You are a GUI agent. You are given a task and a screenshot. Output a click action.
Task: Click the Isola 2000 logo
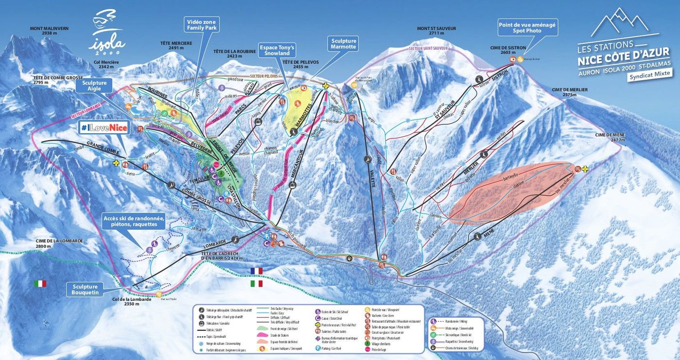coord(107,32)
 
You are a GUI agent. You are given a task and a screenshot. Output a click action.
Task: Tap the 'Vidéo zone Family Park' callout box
coord(202,25)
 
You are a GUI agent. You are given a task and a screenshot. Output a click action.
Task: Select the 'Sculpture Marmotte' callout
coord(344,44)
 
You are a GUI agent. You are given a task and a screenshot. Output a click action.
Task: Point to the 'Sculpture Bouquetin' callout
coord(85,290)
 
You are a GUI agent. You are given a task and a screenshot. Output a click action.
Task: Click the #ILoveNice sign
coord(104,128)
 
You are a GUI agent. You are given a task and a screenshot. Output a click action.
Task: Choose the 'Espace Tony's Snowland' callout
coord(277,50)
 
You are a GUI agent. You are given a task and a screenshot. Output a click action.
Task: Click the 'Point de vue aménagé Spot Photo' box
coord(527,27)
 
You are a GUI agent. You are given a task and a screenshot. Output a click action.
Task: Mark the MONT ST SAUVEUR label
coord(436,31)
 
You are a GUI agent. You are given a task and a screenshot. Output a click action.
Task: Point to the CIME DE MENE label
coord(610,137)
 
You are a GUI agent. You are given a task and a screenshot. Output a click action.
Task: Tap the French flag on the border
coord(255,271)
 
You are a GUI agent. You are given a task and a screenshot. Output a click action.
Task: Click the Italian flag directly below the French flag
coord(255,283)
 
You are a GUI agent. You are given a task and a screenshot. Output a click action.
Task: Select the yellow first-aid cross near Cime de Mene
coord(585,169)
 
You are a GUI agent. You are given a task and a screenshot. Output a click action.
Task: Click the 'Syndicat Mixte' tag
coord(649,74)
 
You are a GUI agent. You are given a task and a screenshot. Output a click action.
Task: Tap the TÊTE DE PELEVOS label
coord(295,64)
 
